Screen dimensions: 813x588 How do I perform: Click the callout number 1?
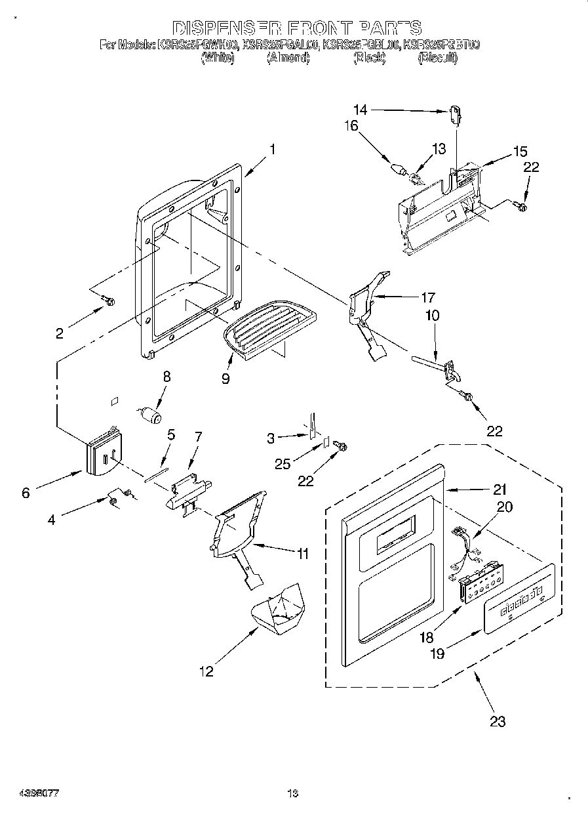point(272,149)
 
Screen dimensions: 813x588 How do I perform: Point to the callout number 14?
point(361,110)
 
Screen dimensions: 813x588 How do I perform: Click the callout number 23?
point(498,722)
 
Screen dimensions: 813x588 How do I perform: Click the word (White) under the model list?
point(217,58)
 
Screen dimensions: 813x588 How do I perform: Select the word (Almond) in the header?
point(287,58)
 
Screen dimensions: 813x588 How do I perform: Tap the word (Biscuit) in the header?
point(437,58)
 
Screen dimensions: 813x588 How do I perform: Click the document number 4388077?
point(30,793)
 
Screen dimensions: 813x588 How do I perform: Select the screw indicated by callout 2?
point(109,301)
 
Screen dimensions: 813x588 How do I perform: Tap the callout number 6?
point(26,493)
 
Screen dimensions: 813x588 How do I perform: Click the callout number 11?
point(302,554)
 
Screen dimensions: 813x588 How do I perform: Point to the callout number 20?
point(505,507)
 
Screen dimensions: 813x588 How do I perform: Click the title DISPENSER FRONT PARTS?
point(296,28)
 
